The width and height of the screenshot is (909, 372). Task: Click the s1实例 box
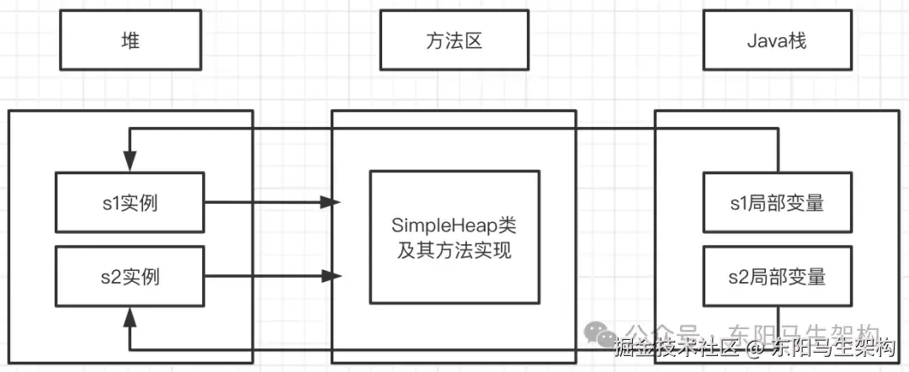point(130,203)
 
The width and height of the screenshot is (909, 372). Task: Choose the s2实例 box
point(130,275)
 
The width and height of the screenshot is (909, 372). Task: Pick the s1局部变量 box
point(777,203)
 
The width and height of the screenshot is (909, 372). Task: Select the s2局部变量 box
point(777,275)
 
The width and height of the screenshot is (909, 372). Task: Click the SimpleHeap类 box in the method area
point(454,237)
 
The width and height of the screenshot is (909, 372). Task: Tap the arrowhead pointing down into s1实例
point(130,161)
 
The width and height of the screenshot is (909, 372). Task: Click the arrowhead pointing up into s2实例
point(130,317)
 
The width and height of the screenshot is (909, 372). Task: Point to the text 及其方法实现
point(454,250)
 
